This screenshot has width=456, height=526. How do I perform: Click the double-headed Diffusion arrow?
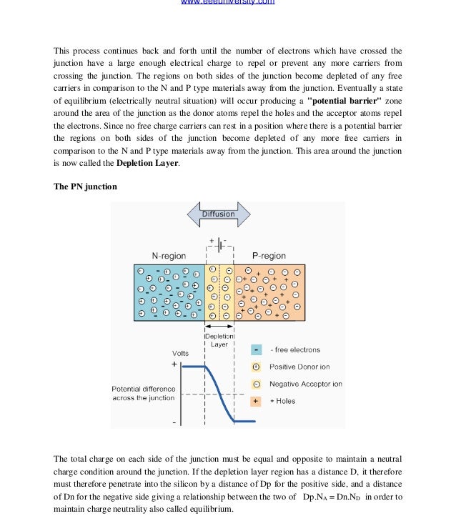219,214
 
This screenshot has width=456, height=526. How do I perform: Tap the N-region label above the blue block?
169,255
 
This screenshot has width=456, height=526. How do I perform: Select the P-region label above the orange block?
269,255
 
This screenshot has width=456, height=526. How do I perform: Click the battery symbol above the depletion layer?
219,245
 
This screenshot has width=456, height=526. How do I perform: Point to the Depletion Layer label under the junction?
219,339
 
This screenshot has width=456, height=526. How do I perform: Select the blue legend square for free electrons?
256,350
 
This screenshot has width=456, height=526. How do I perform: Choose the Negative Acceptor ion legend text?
305,384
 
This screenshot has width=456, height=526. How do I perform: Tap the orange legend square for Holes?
256,401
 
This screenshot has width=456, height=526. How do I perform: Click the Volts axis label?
181,353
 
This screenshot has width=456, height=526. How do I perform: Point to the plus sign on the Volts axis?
173,364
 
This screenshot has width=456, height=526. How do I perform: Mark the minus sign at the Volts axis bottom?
174,422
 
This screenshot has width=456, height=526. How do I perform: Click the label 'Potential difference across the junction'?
143,393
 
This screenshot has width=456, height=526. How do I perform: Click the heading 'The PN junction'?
86,187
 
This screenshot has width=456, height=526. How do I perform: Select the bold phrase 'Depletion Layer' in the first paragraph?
147,163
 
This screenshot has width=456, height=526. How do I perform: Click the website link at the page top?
227,3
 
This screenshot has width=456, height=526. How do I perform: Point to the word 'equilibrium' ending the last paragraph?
210,510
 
